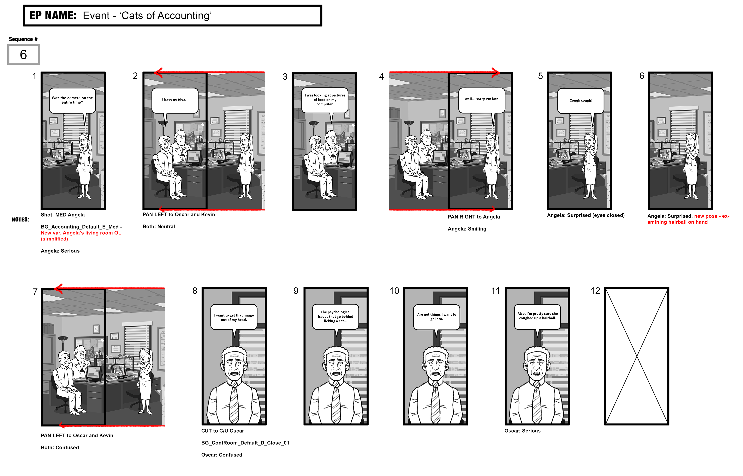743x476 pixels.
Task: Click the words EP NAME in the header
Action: point(53,15)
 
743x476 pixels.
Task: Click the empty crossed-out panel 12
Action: point(637,356)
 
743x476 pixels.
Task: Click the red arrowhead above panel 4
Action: point(496,73)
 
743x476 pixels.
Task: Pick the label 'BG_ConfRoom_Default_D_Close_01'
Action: point(245,443)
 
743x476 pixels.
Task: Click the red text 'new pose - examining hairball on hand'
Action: point(688,219)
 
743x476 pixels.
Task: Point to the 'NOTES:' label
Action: point(20,220)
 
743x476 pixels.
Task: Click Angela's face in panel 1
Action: point(84,143)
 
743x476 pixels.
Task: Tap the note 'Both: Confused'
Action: point(60,448)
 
